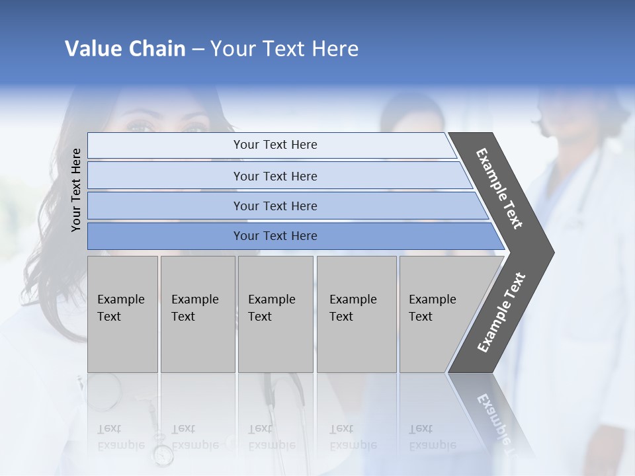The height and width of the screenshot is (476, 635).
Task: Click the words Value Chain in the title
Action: click(125, 49)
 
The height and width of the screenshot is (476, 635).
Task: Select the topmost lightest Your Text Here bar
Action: click(275, 145)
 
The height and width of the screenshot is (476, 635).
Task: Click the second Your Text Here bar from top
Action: click(275, 176)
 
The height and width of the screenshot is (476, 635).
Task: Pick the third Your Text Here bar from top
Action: click(275, 206)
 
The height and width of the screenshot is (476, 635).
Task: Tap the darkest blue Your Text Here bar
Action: click(275, 236)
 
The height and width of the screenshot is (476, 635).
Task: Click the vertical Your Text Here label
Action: click(76, 190)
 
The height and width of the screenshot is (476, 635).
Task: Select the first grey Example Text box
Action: click(122, 314)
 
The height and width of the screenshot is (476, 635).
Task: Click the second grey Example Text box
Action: click(197, 314)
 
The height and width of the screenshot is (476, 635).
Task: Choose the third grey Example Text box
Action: click(275, 314)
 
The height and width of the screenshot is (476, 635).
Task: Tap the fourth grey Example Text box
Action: click(356, 314)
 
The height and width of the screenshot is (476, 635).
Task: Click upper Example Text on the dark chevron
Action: click(499, 188)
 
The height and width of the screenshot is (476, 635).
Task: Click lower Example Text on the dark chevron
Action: click(501, 313)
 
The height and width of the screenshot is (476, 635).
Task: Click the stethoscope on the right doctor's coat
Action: click(582, 198)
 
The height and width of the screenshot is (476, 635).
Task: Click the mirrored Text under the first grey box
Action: click(110, 429)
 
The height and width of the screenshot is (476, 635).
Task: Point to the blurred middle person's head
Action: click(411, 112)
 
